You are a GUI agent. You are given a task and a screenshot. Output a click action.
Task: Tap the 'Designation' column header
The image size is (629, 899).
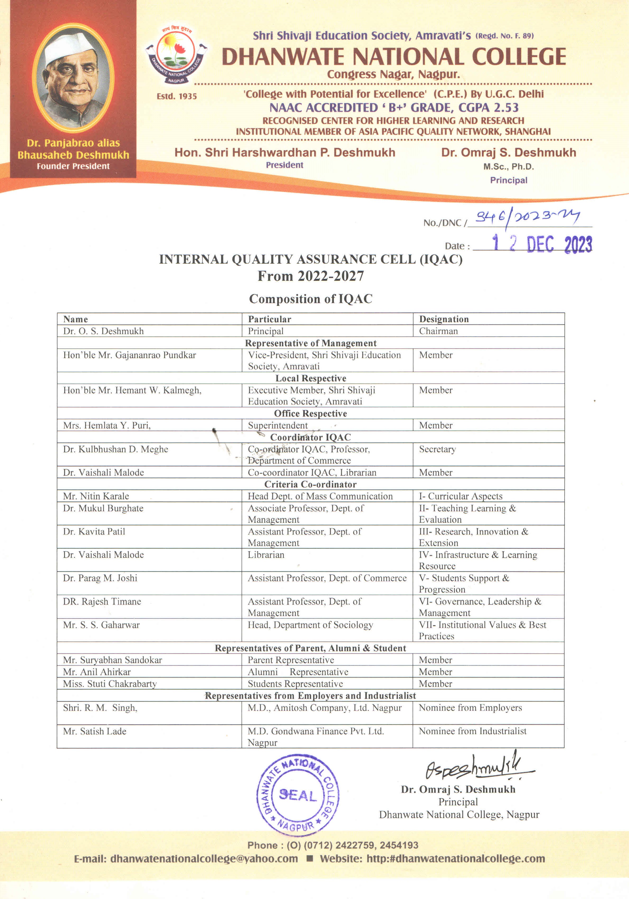tap(444, 319)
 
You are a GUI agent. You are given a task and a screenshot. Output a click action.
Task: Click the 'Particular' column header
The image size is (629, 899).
tap(270, 319)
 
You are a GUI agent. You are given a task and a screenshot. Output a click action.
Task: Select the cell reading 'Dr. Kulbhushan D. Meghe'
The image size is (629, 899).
tap(116, 449)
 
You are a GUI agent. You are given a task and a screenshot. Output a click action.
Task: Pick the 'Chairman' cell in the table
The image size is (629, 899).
tap(439, 331)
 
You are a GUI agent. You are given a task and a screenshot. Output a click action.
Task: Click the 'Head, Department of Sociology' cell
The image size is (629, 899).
tap(310, 625)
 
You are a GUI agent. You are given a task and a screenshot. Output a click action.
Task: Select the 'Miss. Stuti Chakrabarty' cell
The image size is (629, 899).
tap(110, 684)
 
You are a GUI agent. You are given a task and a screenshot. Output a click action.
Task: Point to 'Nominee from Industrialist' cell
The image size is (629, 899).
tap(473, 731)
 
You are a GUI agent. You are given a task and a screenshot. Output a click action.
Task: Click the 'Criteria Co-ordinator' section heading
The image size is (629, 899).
tap(310, 484)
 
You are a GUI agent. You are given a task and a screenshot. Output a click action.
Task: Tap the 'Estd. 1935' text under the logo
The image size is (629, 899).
tap(177, 96)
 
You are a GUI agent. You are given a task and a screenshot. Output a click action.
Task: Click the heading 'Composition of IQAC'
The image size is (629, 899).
tap(310, 299)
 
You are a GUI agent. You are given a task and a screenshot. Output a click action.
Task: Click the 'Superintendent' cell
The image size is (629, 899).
tap(278, 425)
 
